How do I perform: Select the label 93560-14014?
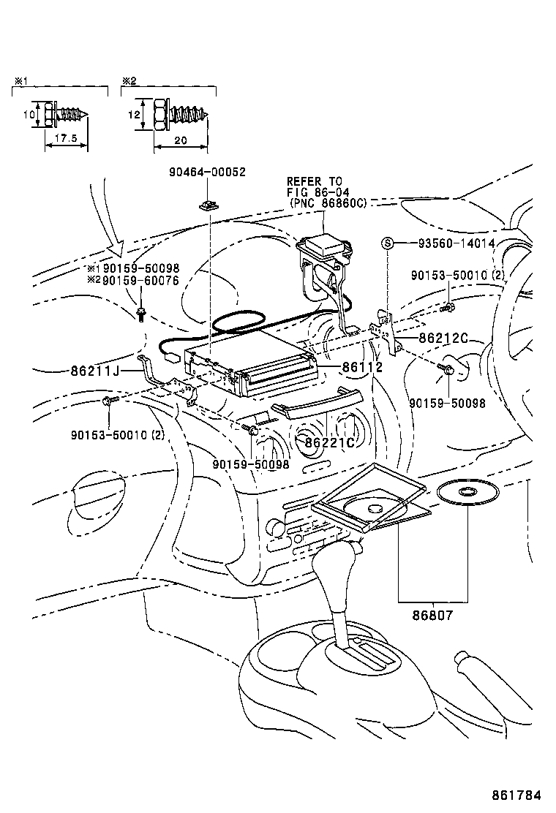[446, 243]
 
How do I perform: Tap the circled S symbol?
[388, 243]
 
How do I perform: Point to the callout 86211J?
[96, 371]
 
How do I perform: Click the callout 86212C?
[443, 338]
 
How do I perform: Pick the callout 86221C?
[329, 442]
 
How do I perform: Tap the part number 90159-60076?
[140, 279]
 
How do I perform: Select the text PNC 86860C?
[328, 203]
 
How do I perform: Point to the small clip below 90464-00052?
[208, 205]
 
